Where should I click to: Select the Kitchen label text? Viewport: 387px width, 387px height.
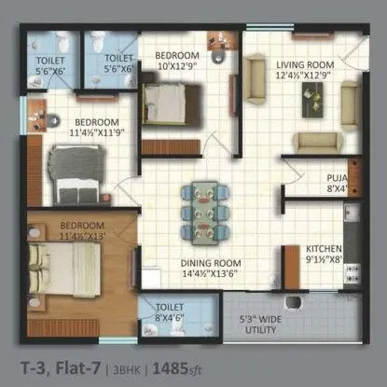pyautogui.click(x=324, y=248)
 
